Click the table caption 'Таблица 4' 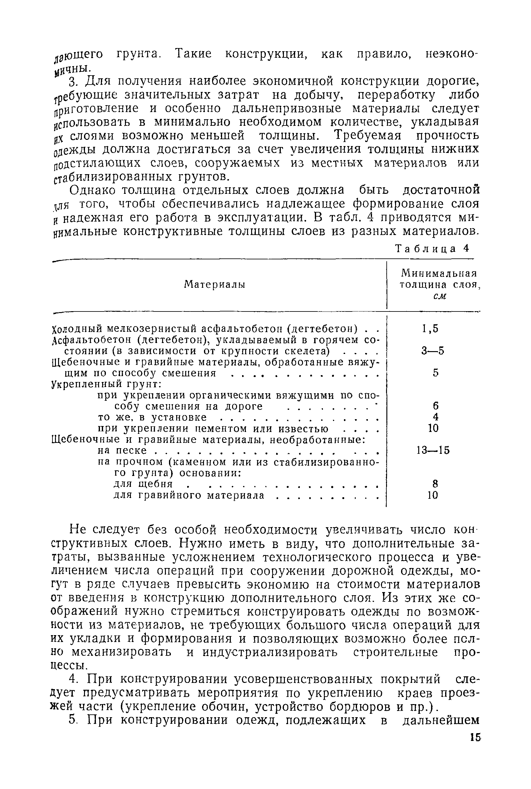433,249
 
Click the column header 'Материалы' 215,285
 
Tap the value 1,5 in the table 430,328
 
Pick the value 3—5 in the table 433,351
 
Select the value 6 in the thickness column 435,406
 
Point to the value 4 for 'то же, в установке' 435,417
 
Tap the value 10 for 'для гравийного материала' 433,495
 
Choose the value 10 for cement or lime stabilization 433,428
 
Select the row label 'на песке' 122,450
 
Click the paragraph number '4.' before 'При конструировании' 73,679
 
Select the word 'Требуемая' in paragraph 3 367,136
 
